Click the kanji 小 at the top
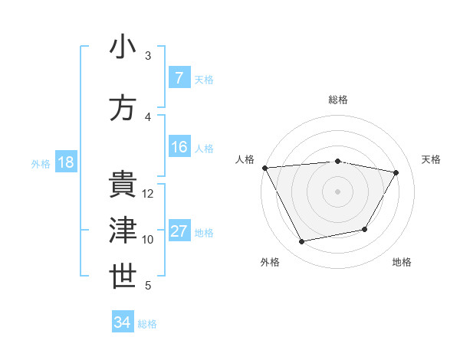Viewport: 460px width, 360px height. (x=123, y=47)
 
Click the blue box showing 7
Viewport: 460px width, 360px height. (x=179, y=78)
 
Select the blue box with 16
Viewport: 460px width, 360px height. (x=179, y=147)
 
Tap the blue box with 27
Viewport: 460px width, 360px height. (x=179, y=231)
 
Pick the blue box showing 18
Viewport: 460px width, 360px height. (x=65, y=162)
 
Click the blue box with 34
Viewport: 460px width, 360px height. (x=123, y=322)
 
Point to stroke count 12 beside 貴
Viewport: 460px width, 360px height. (x=148, y=194)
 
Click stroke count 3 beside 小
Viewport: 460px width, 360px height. (x=148, y=56)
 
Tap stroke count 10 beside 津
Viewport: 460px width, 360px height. (x=148, y=240)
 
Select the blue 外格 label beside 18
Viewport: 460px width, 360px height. (x=40, y=163)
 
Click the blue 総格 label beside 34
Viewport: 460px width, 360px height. (x=147, y=323)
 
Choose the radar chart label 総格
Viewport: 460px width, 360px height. (x=337, y=100)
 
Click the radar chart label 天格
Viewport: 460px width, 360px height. (x=432, y=159)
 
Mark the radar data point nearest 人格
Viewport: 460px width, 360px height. (x=264, y=168)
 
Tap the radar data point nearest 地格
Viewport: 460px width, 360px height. (x=365, y=229)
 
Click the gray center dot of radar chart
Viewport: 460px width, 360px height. (x=337, y=191)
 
